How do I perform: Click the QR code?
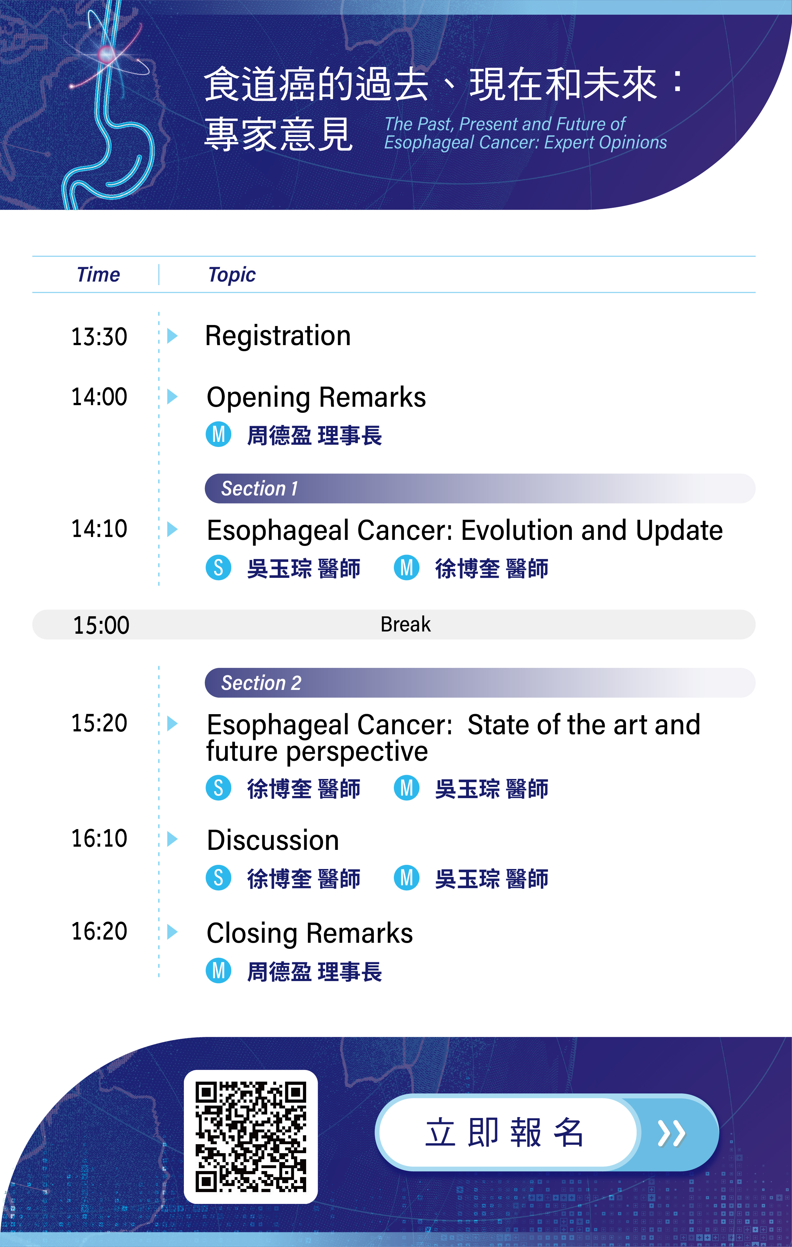coord(251,1137)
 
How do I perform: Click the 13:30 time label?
coord(99,336)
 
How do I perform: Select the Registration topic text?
coord(278,336)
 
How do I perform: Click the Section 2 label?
coord(261,683)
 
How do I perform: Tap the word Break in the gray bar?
coord(405,624)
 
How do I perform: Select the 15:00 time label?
coord(101,625)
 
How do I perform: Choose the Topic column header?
coord(232,275)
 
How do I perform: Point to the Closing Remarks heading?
coord(310,933)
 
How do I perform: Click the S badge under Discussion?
coord(218,878)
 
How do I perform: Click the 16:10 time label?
coord(99,838)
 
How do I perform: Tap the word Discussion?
coord(273,840)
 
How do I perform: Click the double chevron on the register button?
coord(671,1133)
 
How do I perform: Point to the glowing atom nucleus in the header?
coord(106,54)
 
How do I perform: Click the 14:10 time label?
coord(99,529)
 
